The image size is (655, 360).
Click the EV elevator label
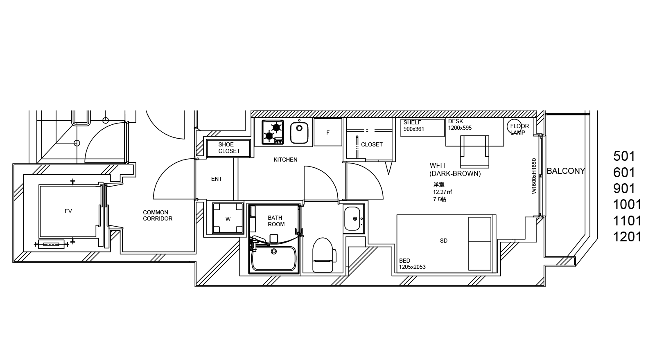pyautogui.click(x=68, y=211)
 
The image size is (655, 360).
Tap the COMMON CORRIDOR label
pyautogui.click(x=158, y=215)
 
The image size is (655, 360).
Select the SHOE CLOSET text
pyautogui.click(x=229, y=148)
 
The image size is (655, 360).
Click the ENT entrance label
pyautogui.click(x=217, y=179)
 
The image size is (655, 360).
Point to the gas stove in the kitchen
pyautogui.click(x=273, y=132)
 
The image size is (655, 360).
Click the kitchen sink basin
pyautogui.click(x=299, y=133)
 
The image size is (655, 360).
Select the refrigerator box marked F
pyautogui.click(x=328, y=132)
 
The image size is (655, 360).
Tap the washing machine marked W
pyautogui.click(x=228, y=218)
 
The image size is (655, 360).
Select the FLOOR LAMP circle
pyautogui.click(x=514, y=127)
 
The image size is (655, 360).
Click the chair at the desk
pyautogui.click(x=474, y=151)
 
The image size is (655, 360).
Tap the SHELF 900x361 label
pyautogui.click(x=414, y=126)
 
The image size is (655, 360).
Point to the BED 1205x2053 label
pyautogui.click(x=412, y=263)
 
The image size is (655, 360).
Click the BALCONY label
pyautogui.click(x=566, y=171)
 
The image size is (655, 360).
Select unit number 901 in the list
pyautogui.click(x=624, y=189)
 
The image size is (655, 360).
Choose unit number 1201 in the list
pyautogui.click(x=627, y=237)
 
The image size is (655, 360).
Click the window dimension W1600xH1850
pyautogui.click(x=534, y=176)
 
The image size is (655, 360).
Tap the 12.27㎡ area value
pyautogui.click(x=443, y=192)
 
